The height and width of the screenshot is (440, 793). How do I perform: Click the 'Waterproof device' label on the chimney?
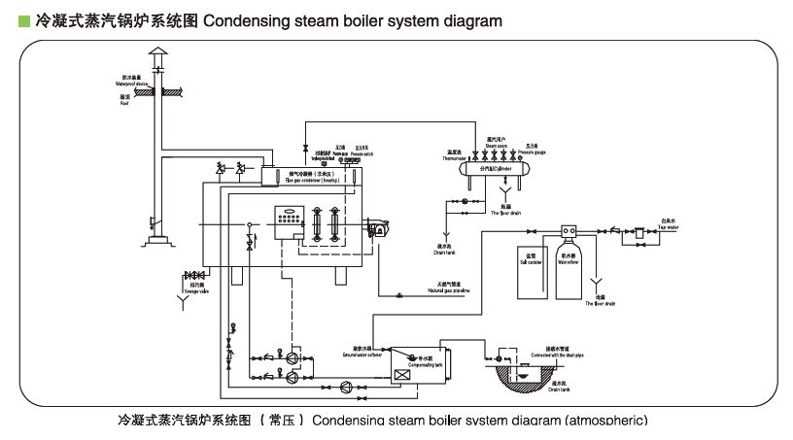[x=132, y=84]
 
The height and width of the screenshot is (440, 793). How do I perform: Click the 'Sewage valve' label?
[x=197, y=289]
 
